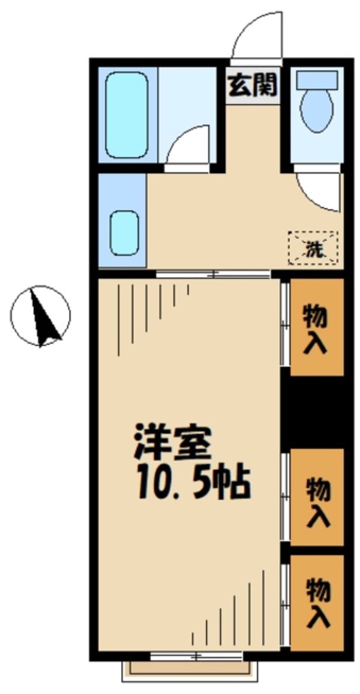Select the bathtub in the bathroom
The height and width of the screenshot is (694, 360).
[x=127, y=115]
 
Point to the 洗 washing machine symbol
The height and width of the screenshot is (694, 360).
[x=313, y=247]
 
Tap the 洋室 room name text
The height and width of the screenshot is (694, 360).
[x=172, y=444]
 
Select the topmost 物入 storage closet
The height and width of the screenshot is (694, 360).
[x=316, y=328]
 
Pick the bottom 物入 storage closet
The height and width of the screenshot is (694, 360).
[x=317, y=602]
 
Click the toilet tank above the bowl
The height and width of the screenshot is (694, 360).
[x=316, y=78]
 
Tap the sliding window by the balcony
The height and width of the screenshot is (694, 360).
[x=197, y=656]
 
